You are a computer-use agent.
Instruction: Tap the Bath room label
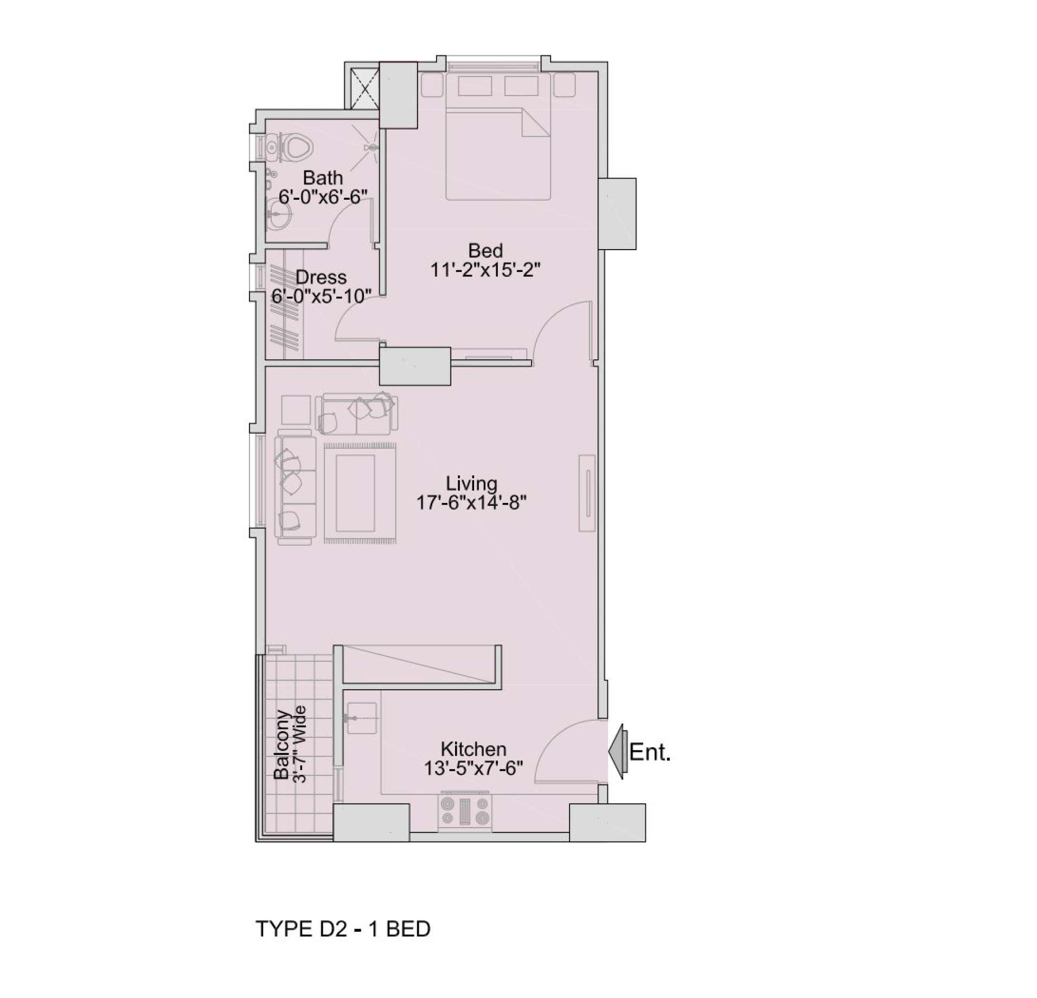click(323, 177)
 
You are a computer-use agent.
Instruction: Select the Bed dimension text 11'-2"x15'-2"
click(485, 270)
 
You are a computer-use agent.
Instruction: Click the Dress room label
click(321, 277)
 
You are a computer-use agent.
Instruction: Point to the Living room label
click(471, 483)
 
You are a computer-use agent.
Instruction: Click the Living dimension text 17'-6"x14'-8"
click(471, 503)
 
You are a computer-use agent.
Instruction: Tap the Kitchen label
click(473, 749)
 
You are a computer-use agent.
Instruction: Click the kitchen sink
click(361, 718)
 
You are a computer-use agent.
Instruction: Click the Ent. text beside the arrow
click(650, 752)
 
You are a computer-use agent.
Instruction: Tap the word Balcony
click(281, 744)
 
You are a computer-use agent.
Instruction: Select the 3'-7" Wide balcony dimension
click(299, 744)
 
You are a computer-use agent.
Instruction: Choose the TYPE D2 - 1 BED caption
click(343, 929)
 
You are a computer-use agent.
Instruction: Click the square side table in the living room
click(296, 410)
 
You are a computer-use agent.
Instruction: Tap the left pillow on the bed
click(475, 86)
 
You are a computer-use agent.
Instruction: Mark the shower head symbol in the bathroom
click(372, 147)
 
